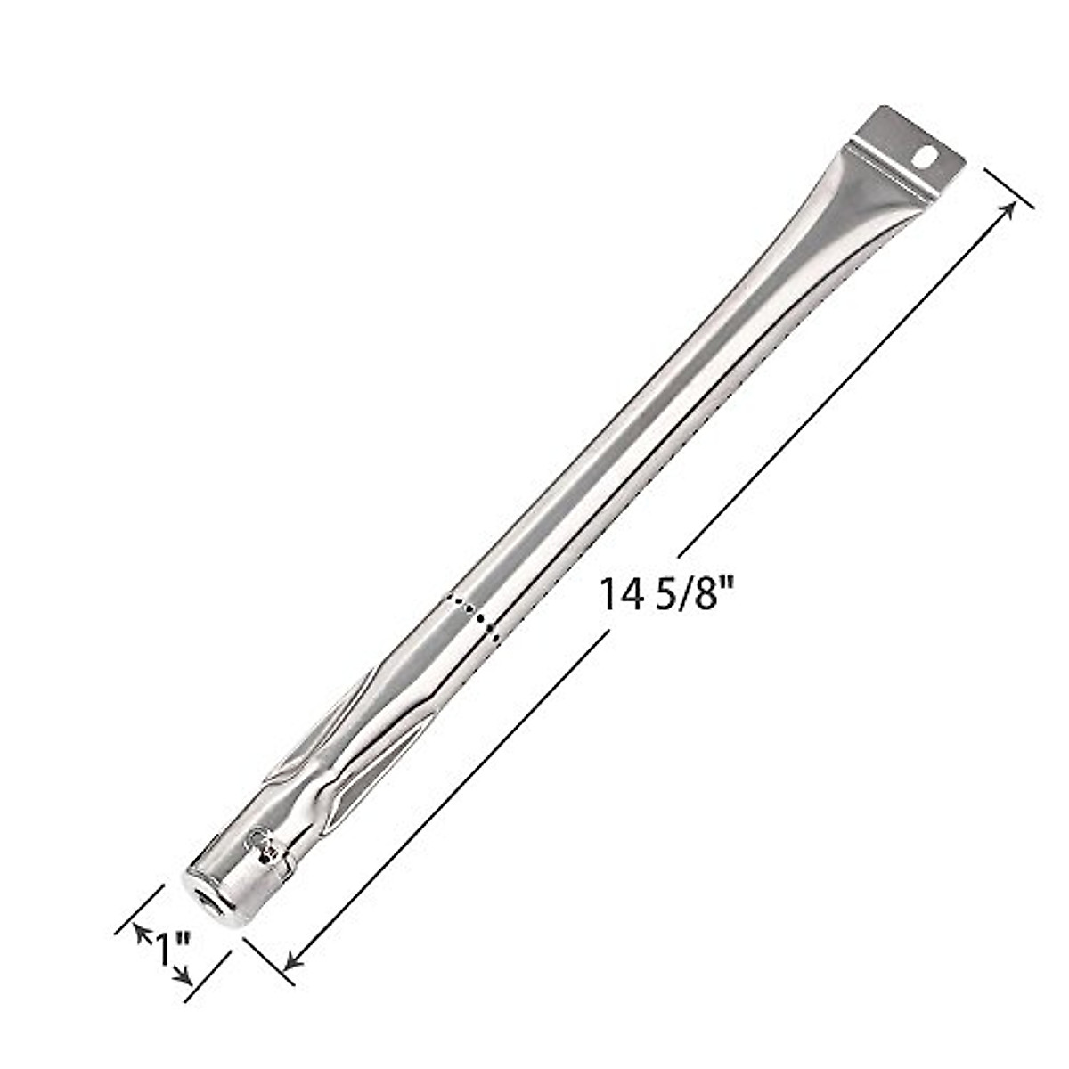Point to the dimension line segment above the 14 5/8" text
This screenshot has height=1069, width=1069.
pyautogui.click(x=846, y=375)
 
